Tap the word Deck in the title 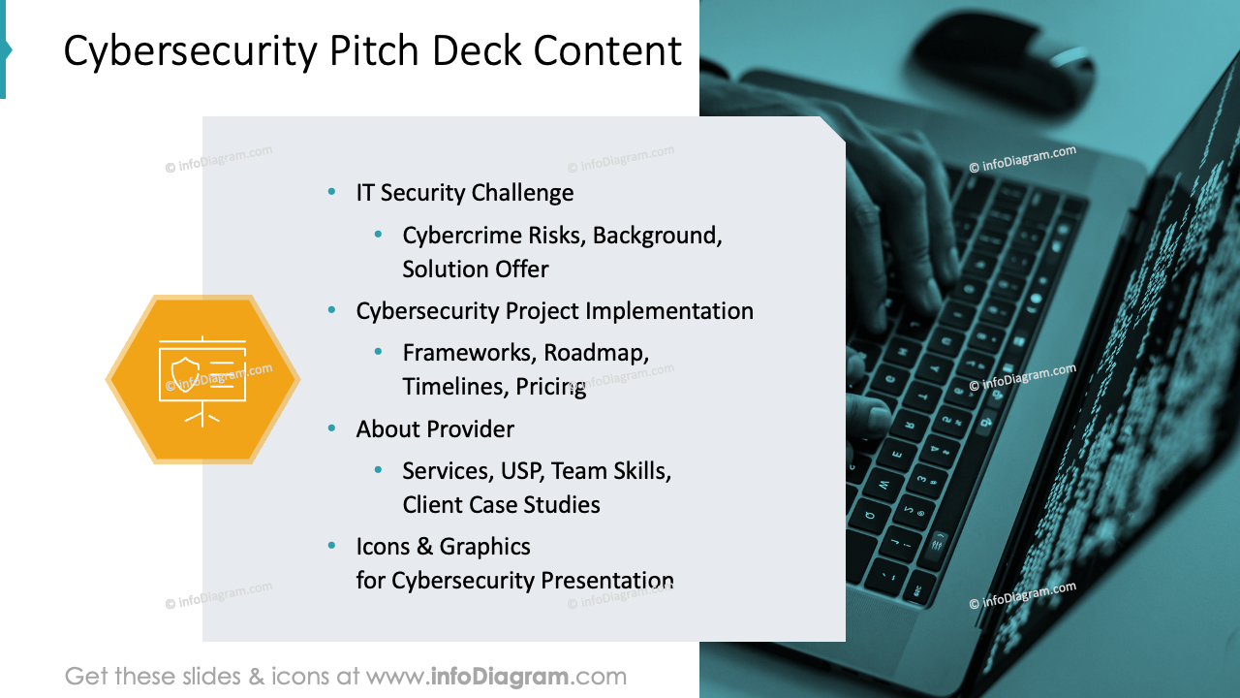point(476,51)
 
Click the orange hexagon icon point(202,380)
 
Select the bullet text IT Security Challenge point(464,193)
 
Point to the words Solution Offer point(476,270)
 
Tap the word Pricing point(550,387)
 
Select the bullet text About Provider point(435,429)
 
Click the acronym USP point(523,471)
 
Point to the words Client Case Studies point(501,505)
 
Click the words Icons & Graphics point(443,547)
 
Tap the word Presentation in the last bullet point(607,581)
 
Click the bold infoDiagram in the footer point(499,677)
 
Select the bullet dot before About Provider point(332,428)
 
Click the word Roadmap point(596,353)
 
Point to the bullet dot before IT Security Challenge point(332,192)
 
